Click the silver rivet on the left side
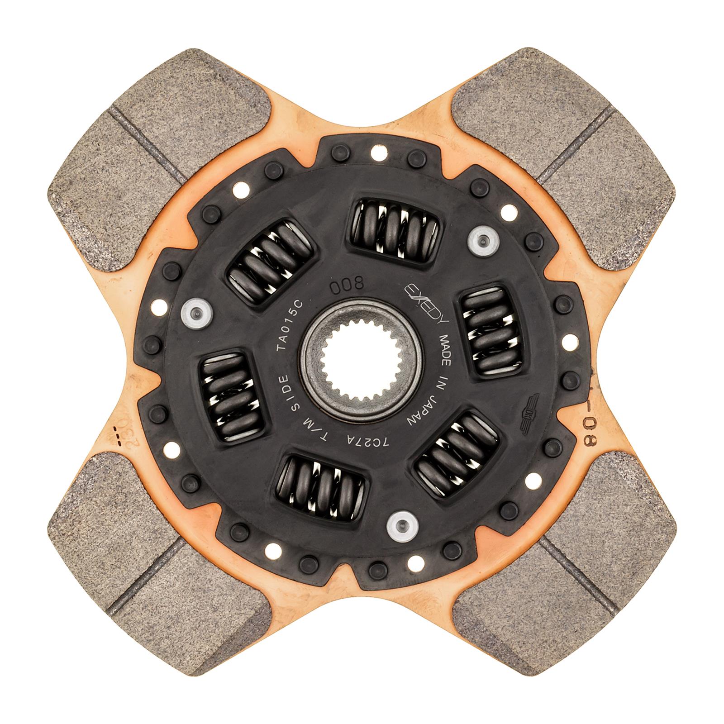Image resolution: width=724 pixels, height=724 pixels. (195, 312)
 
